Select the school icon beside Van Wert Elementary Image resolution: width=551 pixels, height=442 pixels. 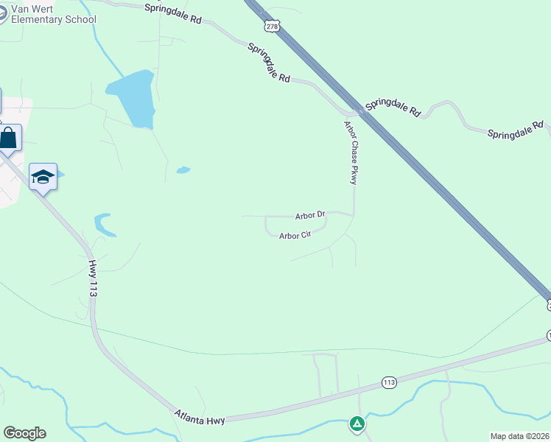pos(2,14)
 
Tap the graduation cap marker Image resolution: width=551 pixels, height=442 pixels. pos(43,177)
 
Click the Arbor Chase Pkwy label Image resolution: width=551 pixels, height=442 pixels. pos(351,153)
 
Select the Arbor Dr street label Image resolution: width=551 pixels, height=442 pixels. pos(310,216)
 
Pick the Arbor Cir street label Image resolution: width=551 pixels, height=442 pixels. pos(295,236)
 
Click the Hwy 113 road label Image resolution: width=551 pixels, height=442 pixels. pos(93,278)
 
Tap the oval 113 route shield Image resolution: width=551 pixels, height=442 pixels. pos(390,382)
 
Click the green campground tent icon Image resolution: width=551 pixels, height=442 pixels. pos(357,424)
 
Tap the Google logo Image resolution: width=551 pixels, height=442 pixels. pos(24,433)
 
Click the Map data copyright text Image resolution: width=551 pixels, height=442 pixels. pos(519,435)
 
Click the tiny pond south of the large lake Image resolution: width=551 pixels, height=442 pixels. pos(183,170)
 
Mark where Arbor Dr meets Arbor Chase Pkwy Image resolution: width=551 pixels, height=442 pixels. pos(354,214)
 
